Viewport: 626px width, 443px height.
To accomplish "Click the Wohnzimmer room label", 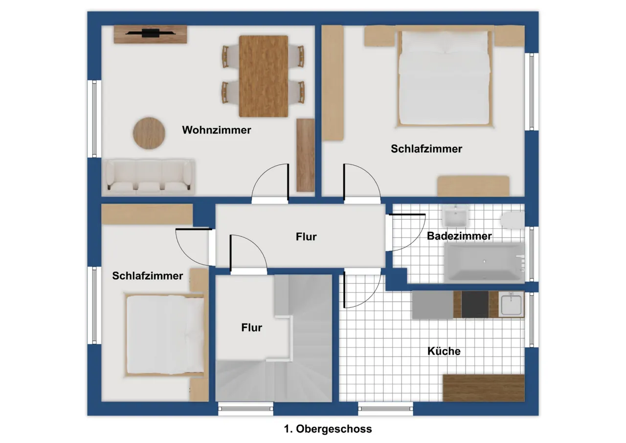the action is click(217, 130).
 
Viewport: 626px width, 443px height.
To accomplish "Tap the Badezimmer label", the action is click(459, 236).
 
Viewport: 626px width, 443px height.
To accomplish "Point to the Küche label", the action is click(444, 351).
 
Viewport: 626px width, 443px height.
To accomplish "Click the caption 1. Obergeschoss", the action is click(328, 429).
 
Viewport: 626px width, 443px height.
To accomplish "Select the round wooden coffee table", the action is click(149, 133).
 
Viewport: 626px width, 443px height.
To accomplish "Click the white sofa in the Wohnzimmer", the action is click(148, 177).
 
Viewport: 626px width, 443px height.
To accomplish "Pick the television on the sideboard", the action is click(150, 33).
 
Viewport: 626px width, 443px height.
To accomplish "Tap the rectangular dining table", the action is click(263, 76).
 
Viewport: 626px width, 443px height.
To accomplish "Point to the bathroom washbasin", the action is click(456, 215).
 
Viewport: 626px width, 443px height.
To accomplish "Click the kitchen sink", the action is click(511, 304).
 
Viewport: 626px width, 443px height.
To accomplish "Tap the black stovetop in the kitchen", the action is click(475, 304).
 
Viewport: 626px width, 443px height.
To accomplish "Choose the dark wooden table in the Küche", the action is click(484, 388).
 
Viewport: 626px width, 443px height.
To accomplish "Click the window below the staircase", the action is click(246, 409).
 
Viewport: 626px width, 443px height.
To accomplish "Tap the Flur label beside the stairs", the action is click(251, 327).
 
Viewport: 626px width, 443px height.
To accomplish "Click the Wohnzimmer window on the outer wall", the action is click(94, 119).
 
